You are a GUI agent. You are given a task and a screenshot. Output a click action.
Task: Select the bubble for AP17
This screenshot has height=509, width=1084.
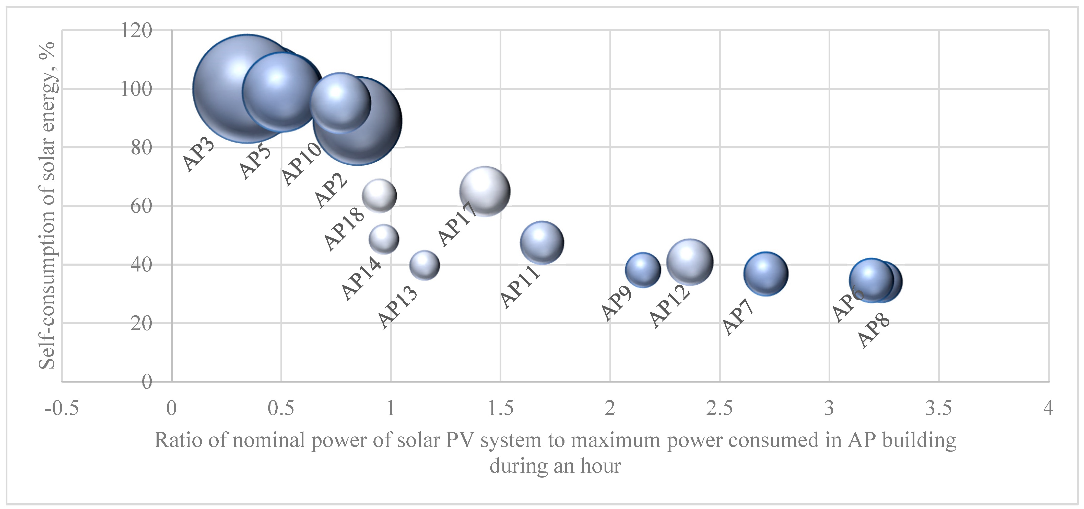tap(485, 191)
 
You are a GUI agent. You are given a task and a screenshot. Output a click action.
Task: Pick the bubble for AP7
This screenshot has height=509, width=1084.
tap(766, 274)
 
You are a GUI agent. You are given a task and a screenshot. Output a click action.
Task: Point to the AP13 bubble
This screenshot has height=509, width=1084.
tap(425, 265)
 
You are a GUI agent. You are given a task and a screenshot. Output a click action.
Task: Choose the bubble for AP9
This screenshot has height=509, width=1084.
tap(643, 270)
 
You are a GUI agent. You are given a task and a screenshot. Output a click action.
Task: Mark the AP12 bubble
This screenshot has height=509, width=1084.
tap(690, 262)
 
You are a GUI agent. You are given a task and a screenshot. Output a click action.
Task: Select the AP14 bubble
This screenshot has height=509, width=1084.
tap(384, 239)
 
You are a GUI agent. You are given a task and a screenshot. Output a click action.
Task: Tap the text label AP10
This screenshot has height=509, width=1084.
tap(301, 164)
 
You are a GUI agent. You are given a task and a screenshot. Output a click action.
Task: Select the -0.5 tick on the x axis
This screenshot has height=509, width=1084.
tap(62, 408)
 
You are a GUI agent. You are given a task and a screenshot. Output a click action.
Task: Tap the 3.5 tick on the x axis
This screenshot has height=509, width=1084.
tap(938, 408)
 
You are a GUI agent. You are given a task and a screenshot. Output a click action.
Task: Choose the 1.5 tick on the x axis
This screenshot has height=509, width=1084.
tap(500, 408)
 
